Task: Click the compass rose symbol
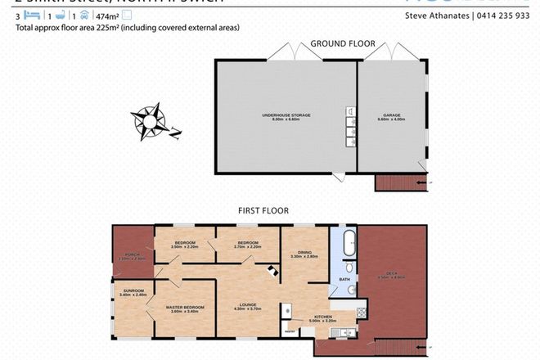point(153,119)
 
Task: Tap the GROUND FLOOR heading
point(341,43)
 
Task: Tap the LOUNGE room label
point(248,305)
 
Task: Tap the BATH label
point(344,281)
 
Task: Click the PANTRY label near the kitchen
point(289,331)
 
